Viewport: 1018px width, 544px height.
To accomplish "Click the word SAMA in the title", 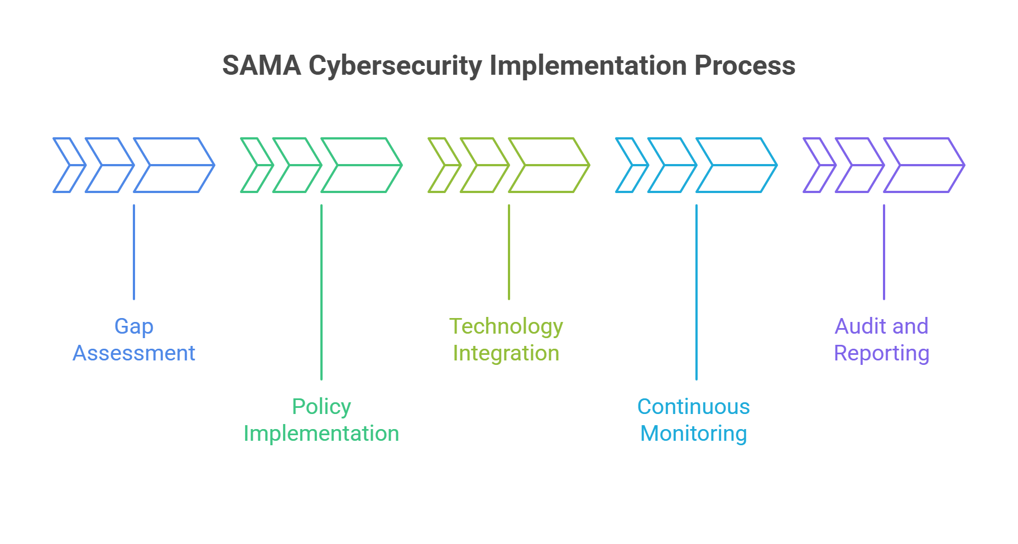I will [261, 66].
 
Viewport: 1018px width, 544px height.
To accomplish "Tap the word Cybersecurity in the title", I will [395, 66].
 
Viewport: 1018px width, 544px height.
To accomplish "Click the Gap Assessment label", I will [134, 339].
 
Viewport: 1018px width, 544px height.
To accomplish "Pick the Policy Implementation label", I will [321, 420].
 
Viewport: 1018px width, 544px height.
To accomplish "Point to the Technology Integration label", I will [506, 339].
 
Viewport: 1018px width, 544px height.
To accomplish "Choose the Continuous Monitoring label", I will [694, 420].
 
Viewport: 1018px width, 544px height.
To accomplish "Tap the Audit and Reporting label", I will [881, 339].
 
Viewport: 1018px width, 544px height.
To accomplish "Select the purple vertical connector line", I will [884, 252].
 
